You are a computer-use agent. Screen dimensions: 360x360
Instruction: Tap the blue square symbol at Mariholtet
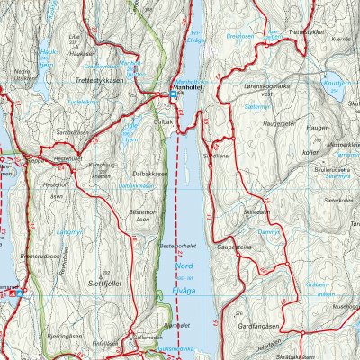[174, 94]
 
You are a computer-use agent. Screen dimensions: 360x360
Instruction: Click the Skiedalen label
[256, 211]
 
